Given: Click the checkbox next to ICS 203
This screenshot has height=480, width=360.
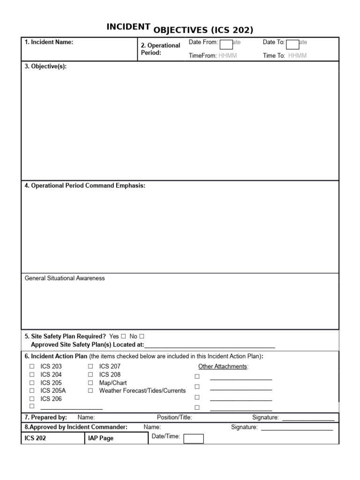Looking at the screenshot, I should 32,367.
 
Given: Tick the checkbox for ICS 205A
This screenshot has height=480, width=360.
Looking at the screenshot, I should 32,390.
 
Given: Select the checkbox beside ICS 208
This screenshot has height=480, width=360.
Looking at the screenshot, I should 90,375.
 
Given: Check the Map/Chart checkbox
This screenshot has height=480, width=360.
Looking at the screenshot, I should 90,382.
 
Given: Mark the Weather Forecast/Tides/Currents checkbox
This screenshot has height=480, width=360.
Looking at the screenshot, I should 90,390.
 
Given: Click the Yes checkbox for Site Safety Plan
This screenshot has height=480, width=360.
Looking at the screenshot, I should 123,337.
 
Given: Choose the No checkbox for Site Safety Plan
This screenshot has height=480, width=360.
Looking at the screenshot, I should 142,337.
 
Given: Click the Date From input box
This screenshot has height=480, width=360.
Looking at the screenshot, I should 226,45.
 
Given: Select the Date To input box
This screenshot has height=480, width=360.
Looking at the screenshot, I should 292,45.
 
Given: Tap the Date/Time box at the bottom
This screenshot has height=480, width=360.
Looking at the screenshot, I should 193,439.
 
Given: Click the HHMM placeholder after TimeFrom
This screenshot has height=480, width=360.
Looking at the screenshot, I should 228,55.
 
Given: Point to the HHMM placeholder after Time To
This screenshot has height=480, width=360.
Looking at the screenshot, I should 297,55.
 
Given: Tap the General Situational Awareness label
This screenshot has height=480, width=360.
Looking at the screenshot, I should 65,278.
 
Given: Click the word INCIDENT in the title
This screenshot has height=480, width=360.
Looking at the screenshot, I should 128,27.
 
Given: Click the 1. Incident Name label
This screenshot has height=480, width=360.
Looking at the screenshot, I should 49,42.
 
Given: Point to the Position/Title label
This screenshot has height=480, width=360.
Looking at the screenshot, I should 174,417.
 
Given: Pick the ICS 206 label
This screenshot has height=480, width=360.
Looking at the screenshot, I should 51,399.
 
